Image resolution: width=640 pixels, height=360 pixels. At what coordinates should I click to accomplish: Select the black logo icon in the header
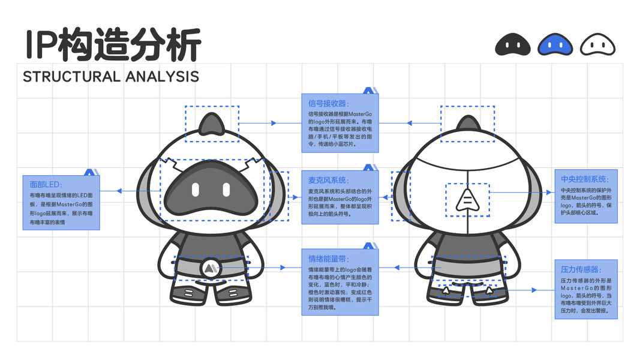pos(513,44)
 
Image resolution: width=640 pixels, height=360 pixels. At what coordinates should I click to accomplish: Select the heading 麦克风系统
pos(328,180)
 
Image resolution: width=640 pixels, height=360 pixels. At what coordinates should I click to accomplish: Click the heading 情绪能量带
pos(328,259)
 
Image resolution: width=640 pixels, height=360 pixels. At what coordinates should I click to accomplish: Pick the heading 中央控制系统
pos(585,179)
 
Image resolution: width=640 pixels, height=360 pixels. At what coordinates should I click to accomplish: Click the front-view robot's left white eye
pos(195,190)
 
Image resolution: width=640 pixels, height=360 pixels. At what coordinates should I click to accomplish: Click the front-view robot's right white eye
pos(227,190)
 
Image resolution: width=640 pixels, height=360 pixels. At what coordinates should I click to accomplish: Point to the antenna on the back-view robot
pos(467,125)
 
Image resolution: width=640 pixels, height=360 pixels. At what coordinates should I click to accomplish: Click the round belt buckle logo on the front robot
pos(210,268)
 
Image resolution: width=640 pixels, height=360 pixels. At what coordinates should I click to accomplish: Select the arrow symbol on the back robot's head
pos(467,200)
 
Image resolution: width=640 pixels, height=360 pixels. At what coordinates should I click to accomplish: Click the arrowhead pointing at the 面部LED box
pos(119,191)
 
